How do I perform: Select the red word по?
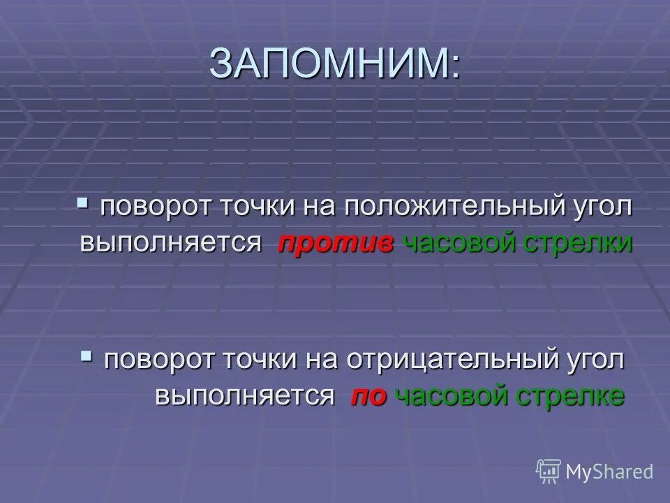368,396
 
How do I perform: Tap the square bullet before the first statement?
83,204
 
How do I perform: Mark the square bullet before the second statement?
87,356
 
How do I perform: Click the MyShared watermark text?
609,472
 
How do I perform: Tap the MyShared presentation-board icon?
549,471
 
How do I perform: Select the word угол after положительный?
602,207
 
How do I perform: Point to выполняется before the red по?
244,396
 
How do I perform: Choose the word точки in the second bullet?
261,360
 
